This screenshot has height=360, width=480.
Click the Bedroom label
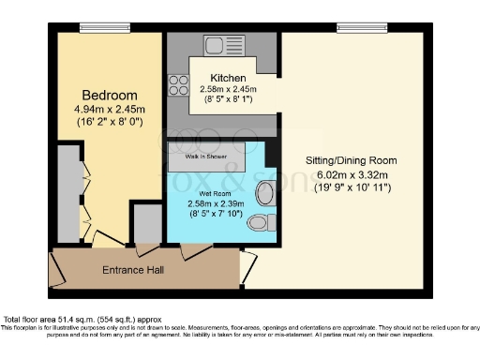pyautogui.click(x=110, y=96)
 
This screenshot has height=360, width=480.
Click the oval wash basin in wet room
pyautogui.click(x=266, y=192)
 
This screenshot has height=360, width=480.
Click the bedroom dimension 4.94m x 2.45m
pyautogui.click(x=110, y=110)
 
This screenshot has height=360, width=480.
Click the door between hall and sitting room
pyautogui.click(x=247, y=267)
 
